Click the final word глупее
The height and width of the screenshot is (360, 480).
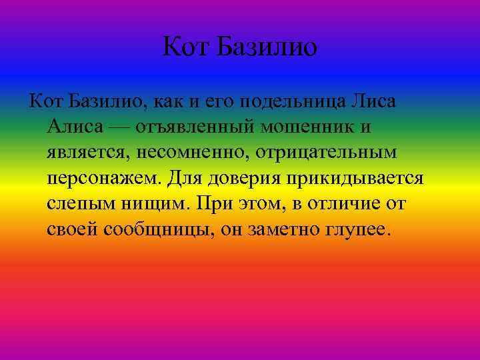[357, 230]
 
